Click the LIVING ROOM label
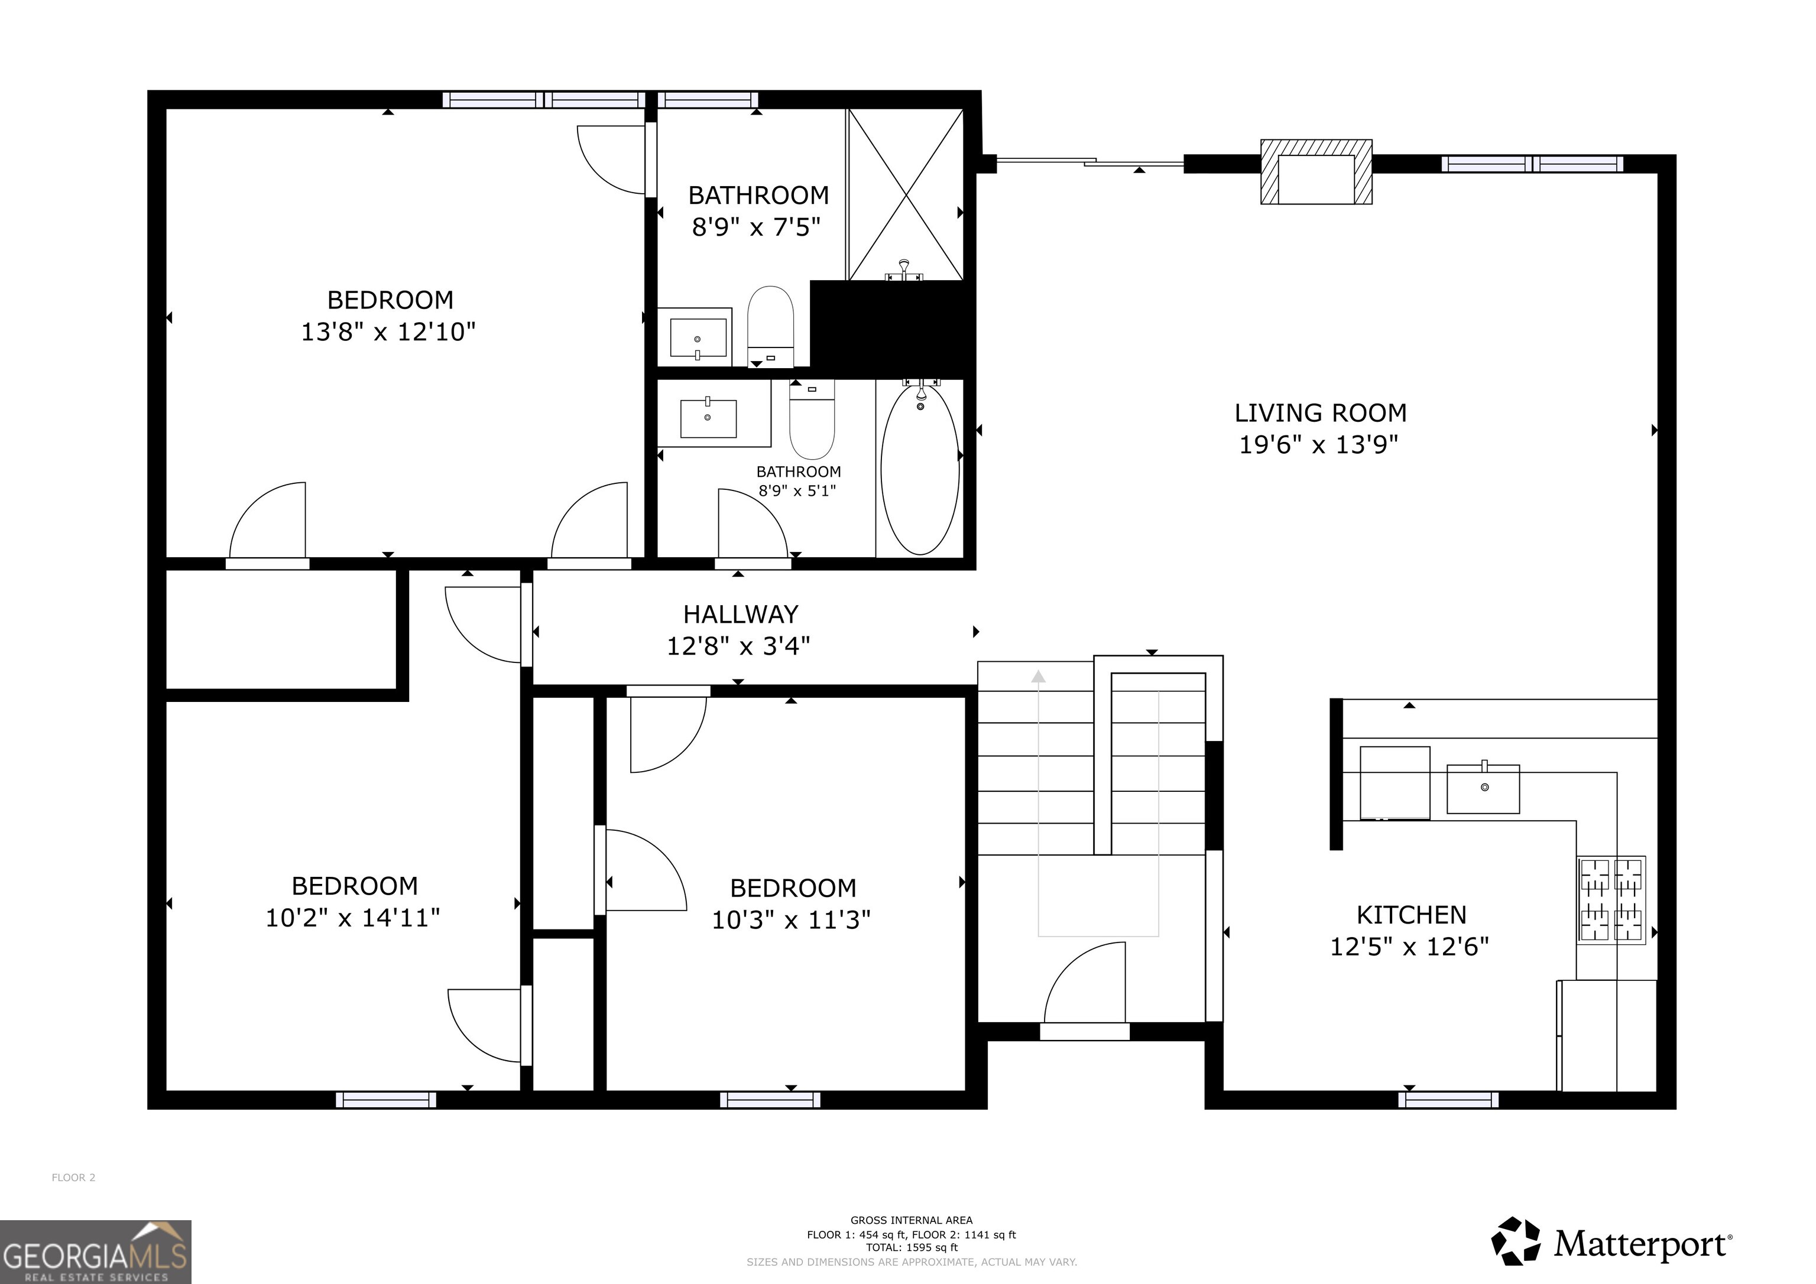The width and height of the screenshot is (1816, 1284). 1320,412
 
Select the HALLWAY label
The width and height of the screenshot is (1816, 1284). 740,615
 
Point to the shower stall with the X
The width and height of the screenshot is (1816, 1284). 906,194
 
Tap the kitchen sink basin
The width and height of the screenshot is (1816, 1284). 1483,788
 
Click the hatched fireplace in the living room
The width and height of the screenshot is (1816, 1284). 1316,171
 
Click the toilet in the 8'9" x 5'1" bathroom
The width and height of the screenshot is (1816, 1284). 812,419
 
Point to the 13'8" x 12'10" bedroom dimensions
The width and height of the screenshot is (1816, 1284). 388,331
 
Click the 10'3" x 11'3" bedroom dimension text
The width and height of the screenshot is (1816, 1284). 791,920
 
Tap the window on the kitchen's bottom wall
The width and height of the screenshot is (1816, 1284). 1448,1100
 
